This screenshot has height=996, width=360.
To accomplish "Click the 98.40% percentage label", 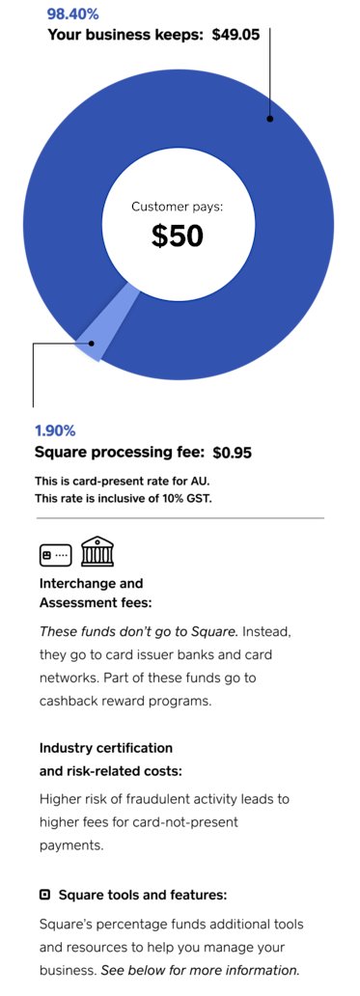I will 73,14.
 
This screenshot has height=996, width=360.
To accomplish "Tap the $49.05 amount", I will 236,35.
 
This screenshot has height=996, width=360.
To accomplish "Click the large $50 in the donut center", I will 178,235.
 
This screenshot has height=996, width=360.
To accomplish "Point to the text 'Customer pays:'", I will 178,206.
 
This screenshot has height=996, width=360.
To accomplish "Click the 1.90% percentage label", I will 55,430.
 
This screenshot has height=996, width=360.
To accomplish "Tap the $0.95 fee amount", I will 233,452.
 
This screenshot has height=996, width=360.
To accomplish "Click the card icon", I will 55,555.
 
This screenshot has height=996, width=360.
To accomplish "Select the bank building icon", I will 97,552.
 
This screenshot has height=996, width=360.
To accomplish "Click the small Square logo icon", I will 44,895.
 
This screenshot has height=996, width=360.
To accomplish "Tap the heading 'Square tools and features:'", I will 143,895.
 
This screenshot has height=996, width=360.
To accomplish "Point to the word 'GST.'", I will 196,498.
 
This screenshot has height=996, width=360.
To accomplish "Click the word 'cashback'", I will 75,701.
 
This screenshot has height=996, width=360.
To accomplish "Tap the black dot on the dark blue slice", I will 270,120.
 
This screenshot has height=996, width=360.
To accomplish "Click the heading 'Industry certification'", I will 106,748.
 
